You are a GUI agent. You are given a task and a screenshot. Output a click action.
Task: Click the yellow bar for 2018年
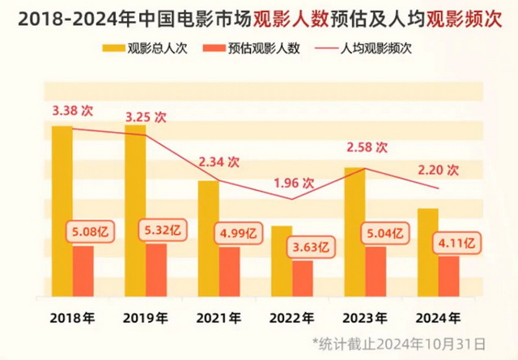coord(62,210)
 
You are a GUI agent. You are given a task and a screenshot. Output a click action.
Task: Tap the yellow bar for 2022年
coord(281,260)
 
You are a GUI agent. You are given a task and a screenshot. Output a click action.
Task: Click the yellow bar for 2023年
coord(354,231)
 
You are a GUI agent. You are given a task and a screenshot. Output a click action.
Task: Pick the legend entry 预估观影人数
coord(254,48)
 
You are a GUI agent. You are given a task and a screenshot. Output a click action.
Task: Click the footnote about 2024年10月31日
coord(400,343)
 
